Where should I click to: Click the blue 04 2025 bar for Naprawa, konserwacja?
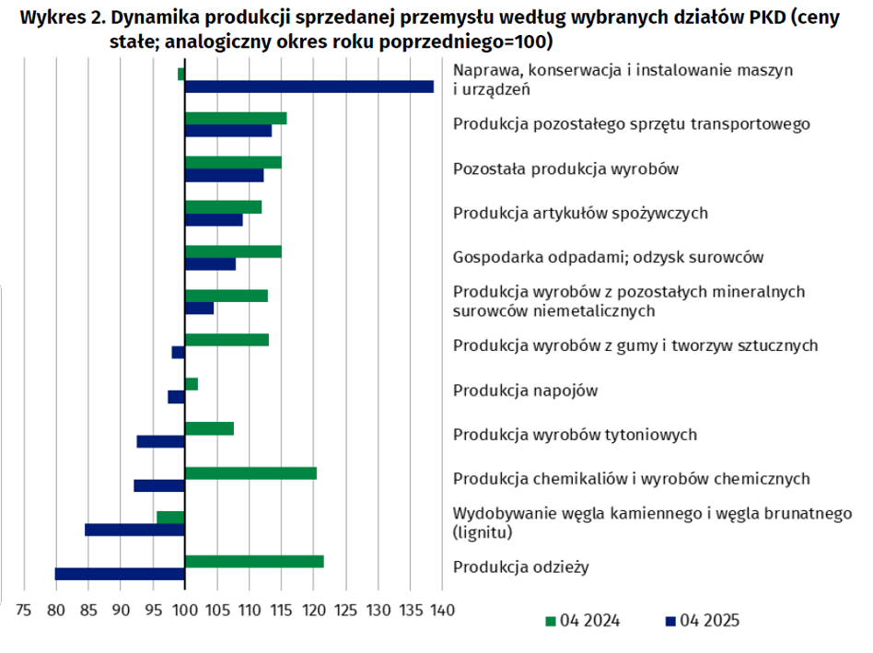pos(309,87)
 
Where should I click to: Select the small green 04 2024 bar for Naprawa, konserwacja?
pos(180,74)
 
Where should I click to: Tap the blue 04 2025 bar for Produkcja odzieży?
pos(120,574)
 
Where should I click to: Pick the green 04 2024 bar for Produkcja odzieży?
pos(254,562)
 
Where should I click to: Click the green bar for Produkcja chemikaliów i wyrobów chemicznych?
pos(250,473)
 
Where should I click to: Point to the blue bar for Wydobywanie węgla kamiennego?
pos(134,530)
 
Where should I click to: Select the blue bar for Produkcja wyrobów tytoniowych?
pos(161,441)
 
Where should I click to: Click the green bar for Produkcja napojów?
pos(191,384)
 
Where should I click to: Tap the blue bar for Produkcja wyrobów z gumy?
pos(178,353)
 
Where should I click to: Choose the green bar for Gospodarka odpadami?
pos(233,251)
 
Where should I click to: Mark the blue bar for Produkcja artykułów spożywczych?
pos(214,220)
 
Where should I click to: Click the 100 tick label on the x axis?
pos(185,611)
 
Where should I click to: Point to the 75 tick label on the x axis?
pos(24,611)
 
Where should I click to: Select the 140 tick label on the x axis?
pos(443,611)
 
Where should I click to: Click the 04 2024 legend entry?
pos(582,621)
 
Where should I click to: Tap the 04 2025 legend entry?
pos(703,621)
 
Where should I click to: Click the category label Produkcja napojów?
pos(525,391)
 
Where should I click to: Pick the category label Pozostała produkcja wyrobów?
pos(565,169)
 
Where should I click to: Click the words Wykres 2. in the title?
pos(63,17)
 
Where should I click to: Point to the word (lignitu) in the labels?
pos(483,532)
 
